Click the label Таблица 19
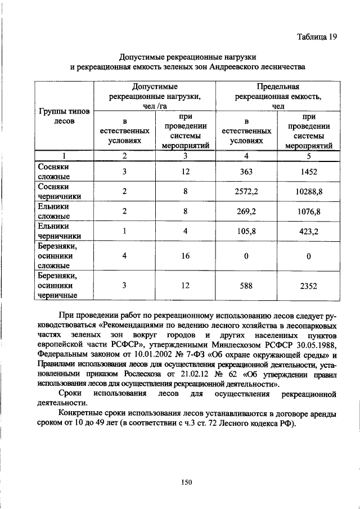pos(317,37)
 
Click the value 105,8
pos(246,231)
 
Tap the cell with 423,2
pos(309,231)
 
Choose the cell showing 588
pos(246,285)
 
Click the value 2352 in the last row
pos(309,285)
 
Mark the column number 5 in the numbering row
pos(309,156)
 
